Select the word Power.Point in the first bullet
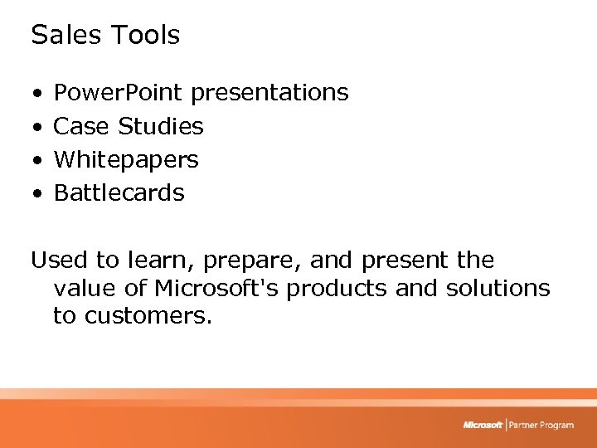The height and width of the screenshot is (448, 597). tap(119, 92)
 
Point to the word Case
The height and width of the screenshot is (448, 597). tap(81, 126)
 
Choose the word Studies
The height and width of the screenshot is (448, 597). tap(161, 126)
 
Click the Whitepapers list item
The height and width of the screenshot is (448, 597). tap(126, 159)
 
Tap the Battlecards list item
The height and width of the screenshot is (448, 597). tap(119, 192)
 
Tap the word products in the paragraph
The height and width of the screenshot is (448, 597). tap(346, 289)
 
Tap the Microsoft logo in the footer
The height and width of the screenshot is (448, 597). tap(483, 425)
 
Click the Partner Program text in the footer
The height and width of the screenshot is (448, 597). tap(541, 425)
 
